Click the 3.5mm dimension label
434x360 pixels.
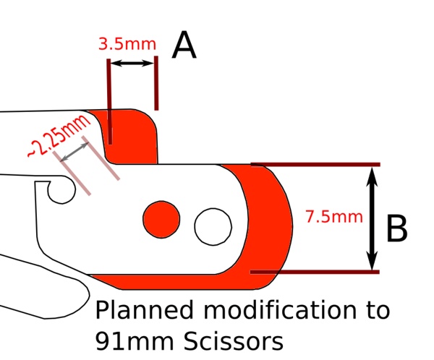tap(126, 43)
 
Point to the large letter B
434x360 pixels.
tap(396, 230)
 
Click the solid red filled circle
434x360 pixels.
tap(161, 218)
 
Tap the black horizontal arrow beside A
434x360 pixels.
tap(132, 64)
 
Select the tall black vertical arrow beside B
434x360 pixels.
tap(372, 218)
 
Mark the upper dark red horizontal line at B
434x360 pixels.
tap(315, 165)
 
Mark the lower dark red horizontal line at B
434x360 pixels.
tap(315, 273)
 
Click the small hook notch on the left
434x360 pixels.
tap(59, 191)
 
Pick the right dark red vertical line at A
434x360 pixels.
tap(156, 83)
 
